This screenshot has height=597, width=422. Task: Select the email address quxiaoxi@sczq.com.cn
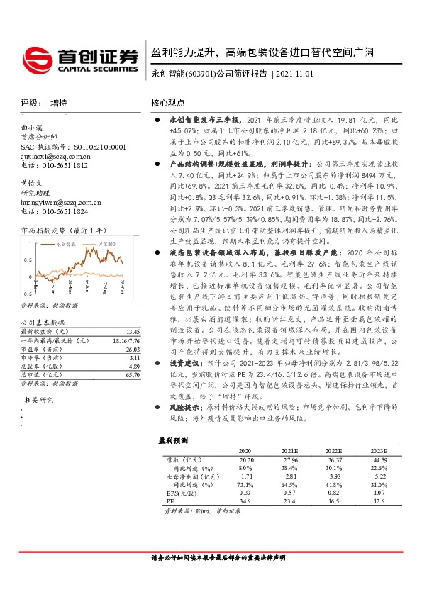pos(56,155)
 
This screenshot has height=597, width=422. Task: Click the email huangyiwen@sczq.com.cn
pos(60,201)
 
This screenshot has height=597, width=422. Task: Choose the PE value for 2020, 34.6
pos(245,501)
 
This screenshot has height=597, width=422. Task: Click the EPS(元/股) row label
pos(179,492)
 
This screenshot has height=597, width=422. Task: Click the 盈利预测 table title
pos(173,440)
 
